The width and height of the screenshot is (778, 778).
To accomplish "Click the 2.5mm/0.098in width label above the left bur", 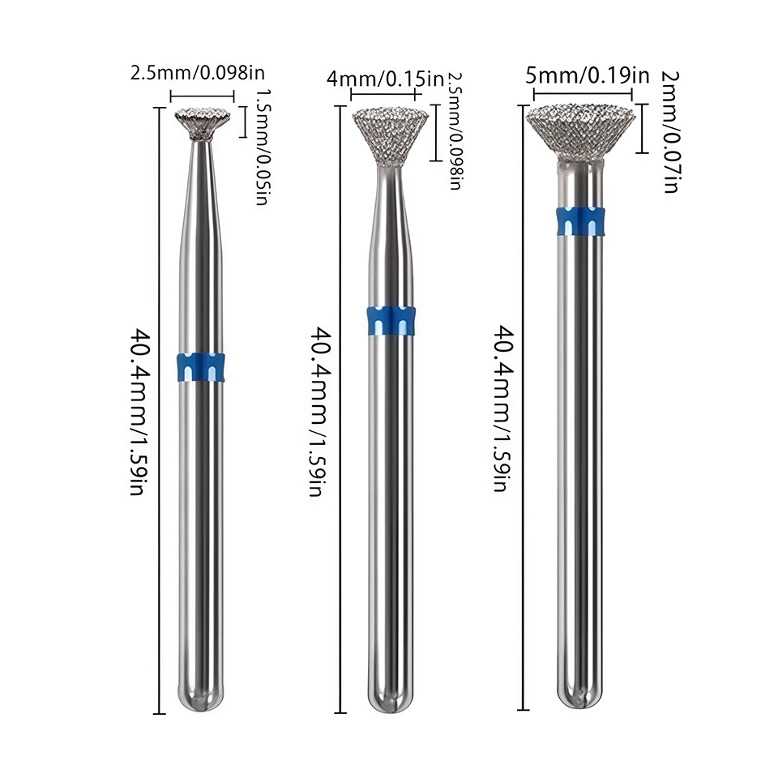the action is (x=198, y=73).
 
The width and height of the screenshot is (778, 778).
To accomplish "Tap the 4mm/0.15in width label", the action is (x=386, y=79).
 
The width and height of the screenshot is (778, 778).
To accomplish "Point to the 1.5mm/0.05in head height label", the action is (x=262, y=147).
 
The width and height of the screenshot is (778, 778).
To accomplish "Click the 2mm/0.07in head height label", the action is (x=670, y=131).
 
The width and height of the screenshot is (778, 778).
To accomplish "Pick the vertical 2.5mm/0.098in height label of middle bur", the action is (x=455, y=130).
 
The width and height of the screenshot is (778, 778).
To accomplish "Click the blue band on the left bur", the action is (x=200, y=368).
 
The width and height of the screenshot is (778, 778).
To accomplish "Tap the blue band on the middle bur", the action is (x=391, y=321).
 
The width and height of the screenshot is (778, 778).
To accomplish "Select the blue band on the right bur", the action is (x=580, y=220).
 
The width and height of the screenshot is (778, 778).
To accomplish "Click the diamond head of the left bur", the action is (x=203, y=123).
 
